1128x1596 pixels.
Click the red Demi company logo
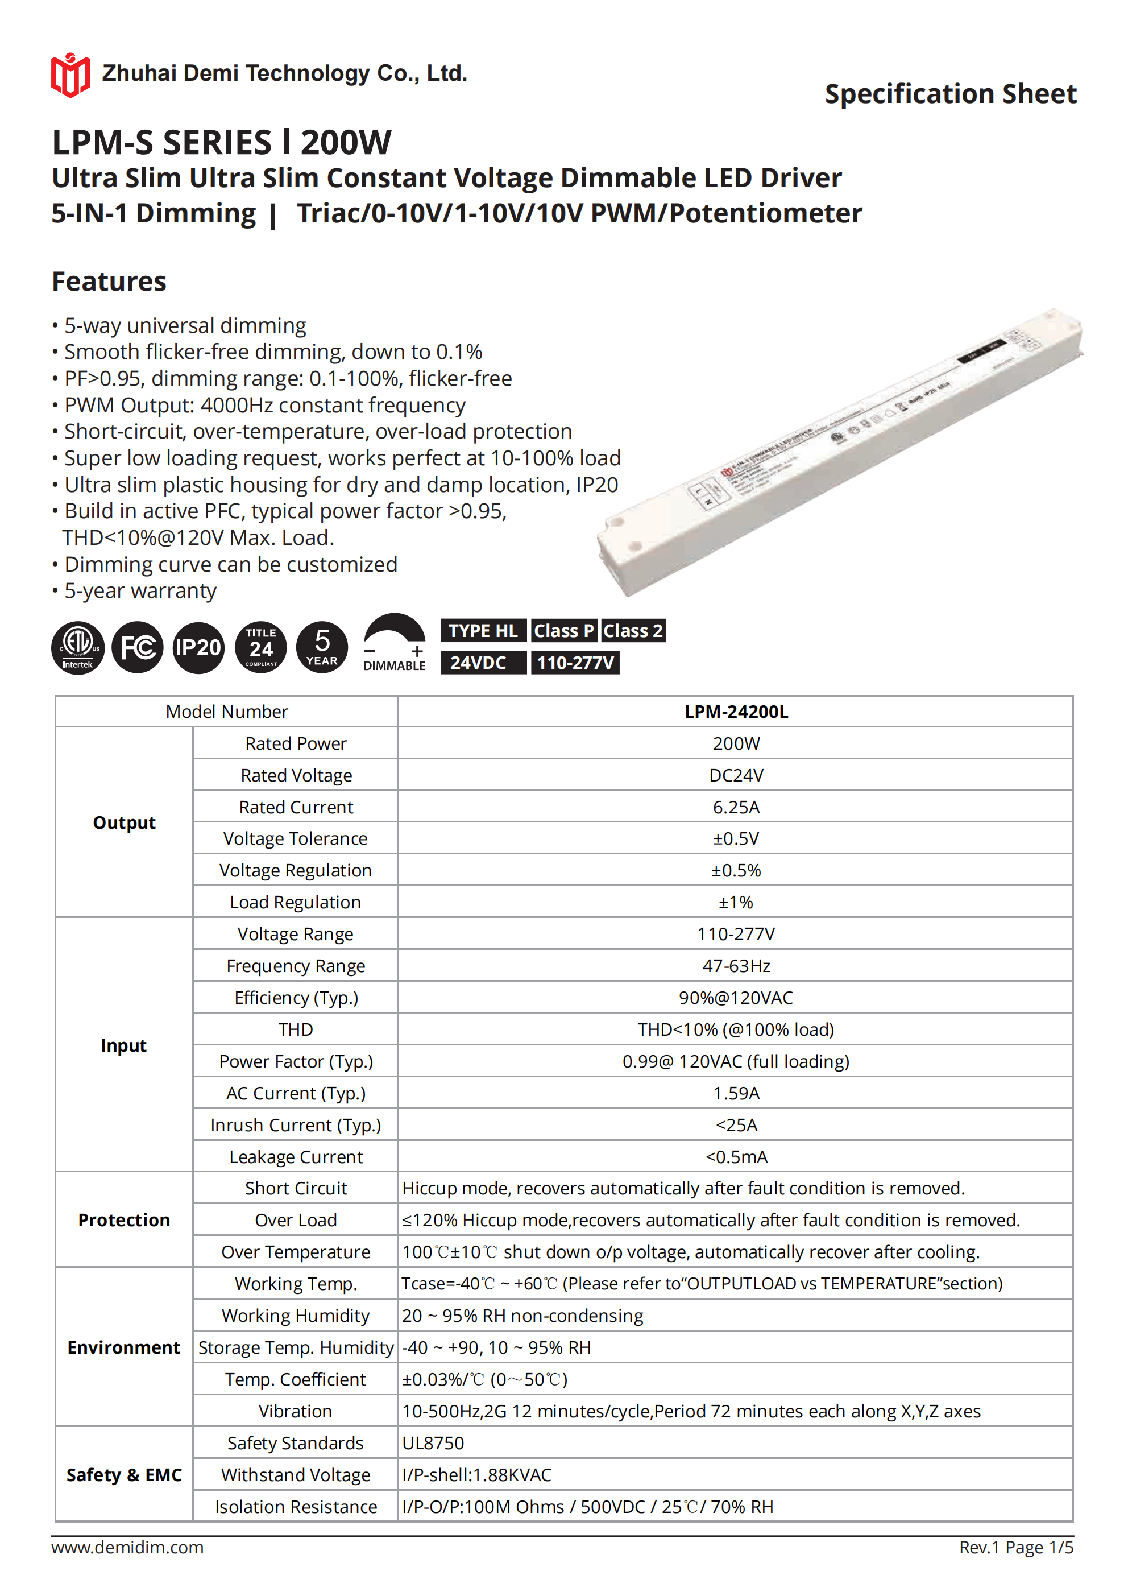click(x=70, y=75)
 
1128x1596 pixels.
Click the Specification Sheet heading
click(x=950, y=94)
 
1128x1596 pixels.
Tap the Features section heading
click(x=109, y=282)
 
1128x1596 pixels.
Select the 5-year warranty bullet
click(x=140, y=591)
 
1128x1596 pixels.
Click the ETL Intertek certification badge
click(x=78, y=648)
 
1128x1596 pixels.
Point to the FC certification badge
click(x=138, y=648)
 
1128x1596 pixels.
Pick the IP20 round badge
click(x=198, y=648)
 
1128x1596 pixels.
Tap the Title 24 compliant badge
click(x=262, y=648)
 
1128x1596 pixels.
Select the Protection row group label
click(x=124, y=1220)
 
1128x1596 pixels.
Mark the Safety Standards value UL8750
click(x=433, y=1443)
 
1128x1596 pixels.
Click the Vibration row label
click(x=296, y=1411)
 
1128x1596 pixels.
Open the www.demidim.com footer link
click(x=127, y=1547)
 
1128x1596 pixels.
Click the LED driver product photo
click(x=840, y=452)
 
